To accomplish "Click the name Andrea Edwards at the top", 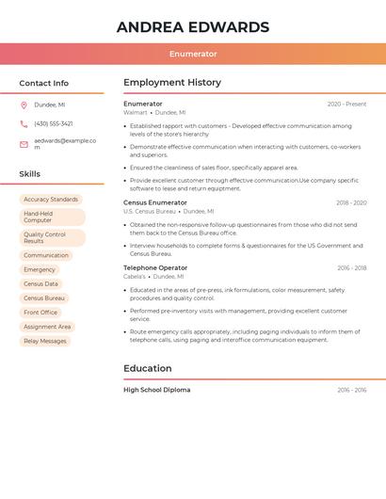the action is (193, 26).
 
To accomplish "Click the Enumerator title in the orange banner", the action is (193, 54).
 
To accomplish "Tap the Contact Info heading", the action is (43, 83).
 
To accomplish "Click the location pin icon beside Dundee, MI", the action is (24, 105).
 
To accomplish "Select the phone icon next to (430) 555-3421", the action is (24, 123).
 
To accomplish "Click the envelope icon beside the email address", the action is (24, 144).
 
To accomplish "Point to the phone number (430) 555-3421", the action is (54, 123).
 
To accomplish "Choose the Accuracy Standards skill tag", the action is (51, 200).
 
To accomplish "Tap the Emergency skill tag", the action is (40, 269).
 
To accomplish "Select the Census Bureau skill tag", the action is (44, 298).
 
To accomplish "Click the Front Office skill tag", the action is (40, 312).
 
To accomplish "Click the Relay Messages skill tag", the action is (45, 341).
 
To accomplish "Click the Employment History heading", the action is (172, 83).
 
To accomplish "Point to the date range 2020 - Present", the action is (346, 105).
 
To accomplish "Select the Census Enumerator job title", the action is (155, 202).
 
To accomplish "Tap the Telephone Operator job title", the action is (155, 268).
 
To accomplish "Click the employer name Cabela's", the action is (135, 277).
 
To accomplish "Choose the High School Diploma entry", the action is (156, 390).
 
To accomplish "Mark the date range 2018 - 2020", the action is (351, 202).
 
